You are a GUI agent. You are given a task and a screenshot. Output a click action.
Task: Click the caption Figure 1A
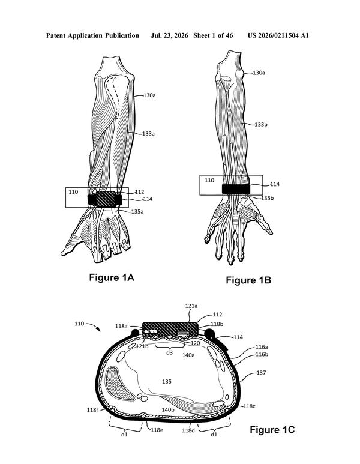click(112, 277)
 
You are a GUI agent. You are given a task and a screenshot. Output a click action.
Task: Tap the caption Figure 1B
click(248, 280)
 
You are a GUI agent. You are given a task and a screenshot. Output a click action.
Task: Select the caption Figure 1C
click(272, 430)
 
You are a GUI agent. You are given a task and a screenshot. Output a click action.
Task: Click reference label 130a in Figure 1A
click(149, 95)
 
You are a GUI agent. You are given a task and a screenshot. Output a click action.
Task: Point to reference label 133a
click(148, 134)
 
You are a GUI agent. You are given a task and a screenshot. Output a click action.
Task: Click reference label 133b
click(261, 125)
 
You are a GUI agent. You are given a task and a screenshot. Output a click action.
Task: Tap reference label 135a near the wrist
click(137, 212)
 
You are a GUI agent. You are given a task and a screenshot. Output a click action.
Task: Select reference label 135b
click(268, 198)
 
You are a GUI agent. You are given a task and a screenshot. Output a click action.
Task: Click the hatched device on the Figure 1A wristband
click(106, 199)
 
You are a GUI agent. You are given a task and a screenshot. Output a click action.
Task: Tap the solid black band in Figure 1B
click(236, 189)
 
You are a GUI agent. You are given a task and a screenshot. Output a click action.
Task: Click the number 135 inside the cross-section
click(167, 381)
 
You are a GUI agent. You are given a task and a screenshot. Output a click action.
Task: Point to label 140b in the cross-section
click(168, 409)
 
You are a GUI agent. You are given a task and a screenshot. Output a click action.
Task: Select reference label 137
click(261, 373)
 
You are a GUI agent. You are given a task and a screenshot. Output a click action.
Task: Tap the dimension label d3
click(169, 352)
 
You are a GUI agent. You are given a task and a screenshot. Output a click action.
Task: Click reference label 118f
click(92, 410)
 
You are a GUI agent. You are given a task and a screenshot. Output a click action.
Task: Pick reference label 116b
click(262, 354)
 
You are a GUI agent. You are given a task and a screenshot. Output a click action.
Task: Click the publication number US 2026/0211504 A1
click(278, 35)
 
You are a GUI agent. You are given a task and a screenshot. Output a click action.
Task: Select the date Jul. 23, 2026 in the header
click(169, 36)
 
